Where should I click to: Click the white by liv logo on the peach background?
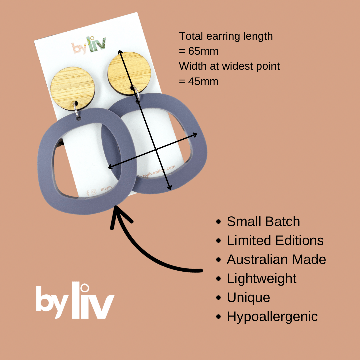(x=75, y=302)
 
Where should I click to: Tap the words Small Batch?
(x=263, y=222)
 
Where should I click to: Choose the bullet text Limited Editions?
(x=275, y=241)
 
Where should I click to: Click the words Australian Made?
(x=276, y=260)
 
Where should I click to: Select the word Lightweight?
(x=262, y=279)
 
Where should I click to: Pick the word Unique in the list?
(x=248, y=298)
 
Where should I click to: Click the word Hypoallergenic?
(x=272, y=317)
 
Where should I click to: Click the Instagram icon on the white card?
(x=94, y=192)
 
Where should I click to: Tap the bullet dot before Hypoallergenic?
(x=219, y=317)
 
